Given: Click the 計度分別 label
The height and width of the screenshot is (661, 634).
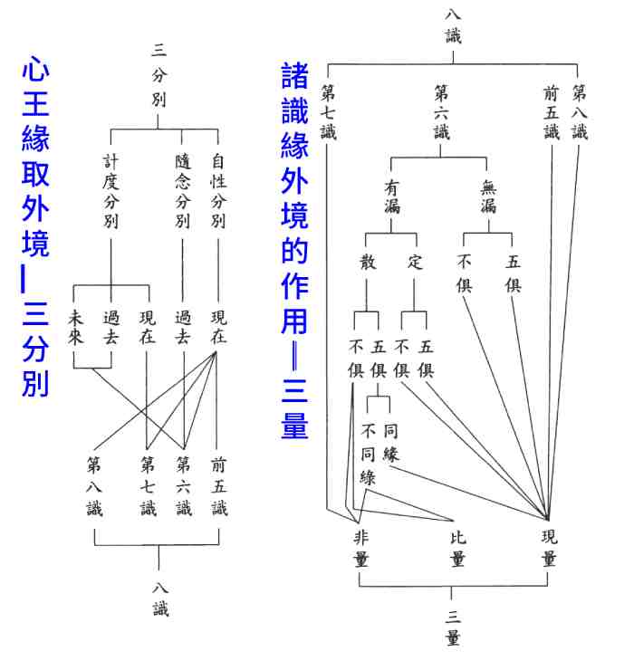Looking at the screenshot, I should click(x=110, y=191).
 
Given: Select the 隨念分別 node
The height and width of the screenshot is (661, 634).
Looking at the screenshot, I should click(x=182, y=191).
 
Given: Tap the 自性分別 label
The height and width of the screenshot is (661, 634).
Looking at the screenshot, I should click(x=218, y=191).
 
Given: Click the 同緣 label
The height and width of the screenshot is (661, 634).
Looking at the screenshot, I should click(x=390, y=441).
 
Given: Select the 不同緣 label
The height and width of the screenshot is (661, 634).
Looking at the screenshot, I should click(x=368, y=453).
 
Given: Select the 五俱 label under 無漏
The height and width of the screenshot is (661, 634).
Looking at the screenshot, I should click(x=513, y=273).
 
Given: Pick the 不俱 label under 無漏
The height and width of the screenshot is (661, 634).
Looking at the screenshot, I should click(x=465, y=273).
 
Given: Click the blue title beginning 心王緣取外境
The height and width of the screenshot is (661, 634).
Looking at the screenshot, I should click(x=34, y=226).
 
